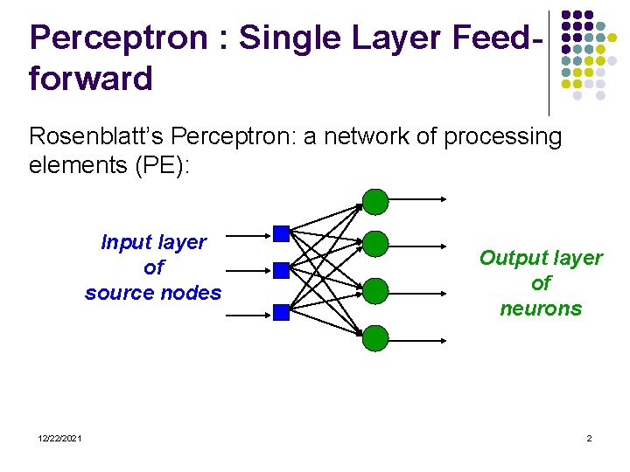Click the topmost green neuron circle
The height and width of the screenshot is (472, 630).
point(375,202)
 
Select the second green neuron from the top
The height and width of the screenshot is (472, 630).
point(375,244)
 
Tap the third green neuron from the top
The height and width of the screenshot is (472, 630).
point(375,290)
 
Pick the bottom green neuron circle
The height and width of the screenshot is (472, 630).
point(375,337)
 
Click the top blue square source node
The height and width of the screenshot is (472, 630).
point(281,233)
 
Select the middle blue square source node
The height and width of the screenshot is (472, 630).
point(281,270)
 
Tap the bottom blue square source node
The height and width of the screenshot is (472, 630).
point(281,312)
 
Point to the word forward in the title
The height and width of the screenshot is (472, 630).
point(91,79)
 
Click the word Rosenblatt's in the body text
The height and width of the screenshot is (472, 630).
point(98,136)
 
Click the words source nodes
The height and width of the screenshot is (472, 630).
point(153,293)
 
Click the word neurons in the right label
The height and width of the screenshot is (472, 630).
point(540,309)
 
